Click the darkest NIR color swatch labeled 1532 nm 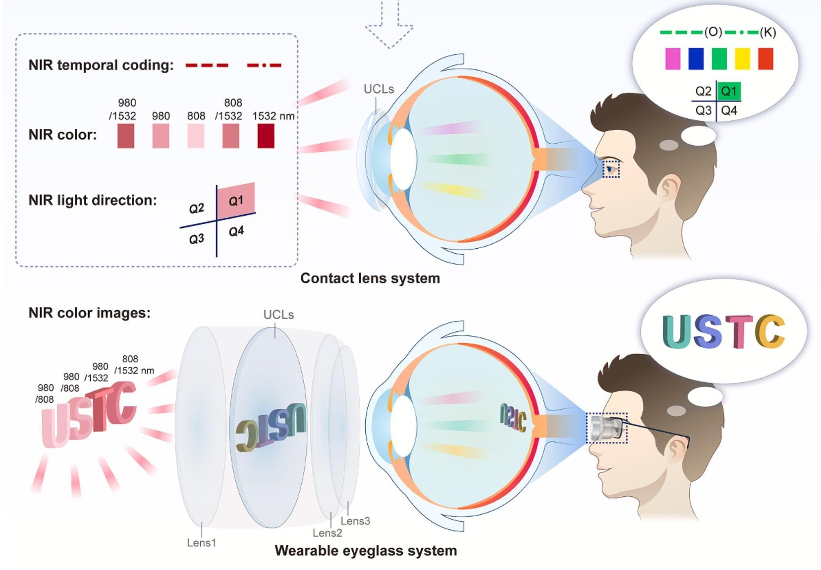point(266,136)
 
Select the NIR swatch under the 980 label point(161,136)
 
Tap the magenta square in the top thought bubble point(672,59)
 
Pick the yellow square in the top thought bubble point(742,59)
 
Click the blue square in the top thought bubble point(696,59)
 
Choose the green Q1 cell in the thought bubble point(729,91)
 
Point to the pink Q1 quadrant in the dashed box point(236,200)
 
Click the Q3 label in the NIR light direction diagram point(196,239)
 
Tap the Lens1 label point(201,543)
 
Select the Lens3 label point(355,521)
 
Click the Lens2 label point(327,533)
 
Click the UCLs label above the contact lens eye point(378,89)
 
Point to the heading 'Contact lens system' point(370,278)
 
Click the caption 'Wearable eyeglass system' point(366,550)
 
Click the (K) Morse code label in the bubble point(767,32)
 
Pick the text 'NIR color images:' point(89,313)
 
